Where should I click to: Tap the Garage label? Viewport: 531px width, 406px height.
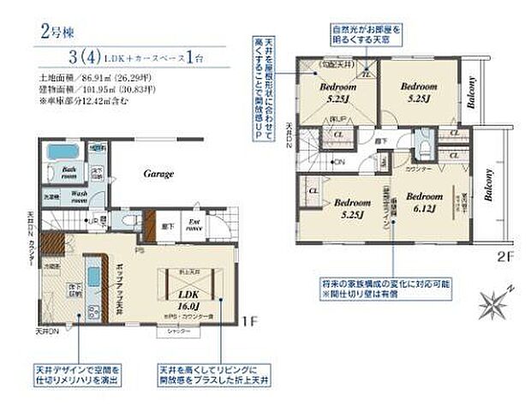(x=158, y=174)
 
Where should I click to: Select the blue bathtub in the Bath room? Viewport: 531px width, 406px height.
(x=61, y=152)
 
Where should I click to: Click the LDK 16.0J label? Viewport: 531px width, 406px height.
(x=188, y=297)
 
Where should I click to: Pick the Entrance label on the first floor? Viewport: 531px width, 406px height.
(x=194, y=227)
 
